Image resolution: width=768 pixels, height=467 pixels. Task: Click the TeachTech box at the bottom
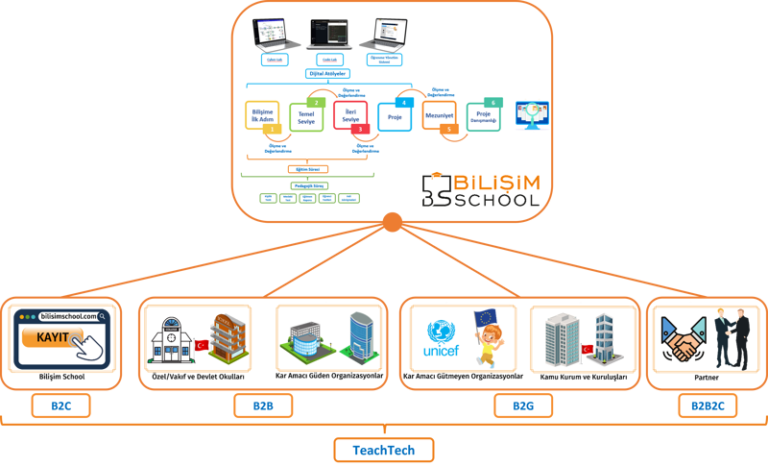click(384, 449)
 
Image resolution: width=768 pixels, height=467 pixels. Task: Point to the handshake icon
click(683, 339)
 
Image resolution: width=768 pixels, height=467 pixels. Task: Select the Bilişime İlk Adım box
click(262, 117)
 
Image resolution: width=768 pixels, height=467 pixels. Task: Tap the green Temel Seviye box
click(307, 115)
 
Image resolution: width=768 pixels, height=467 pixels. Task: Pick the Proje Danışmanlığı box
click(484, 116)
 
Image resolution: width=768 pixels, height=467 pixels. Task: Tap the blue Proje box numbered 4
click(394, 117)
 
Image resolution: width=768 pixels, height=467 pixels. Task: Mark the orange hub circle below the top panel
click(391, 224)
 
